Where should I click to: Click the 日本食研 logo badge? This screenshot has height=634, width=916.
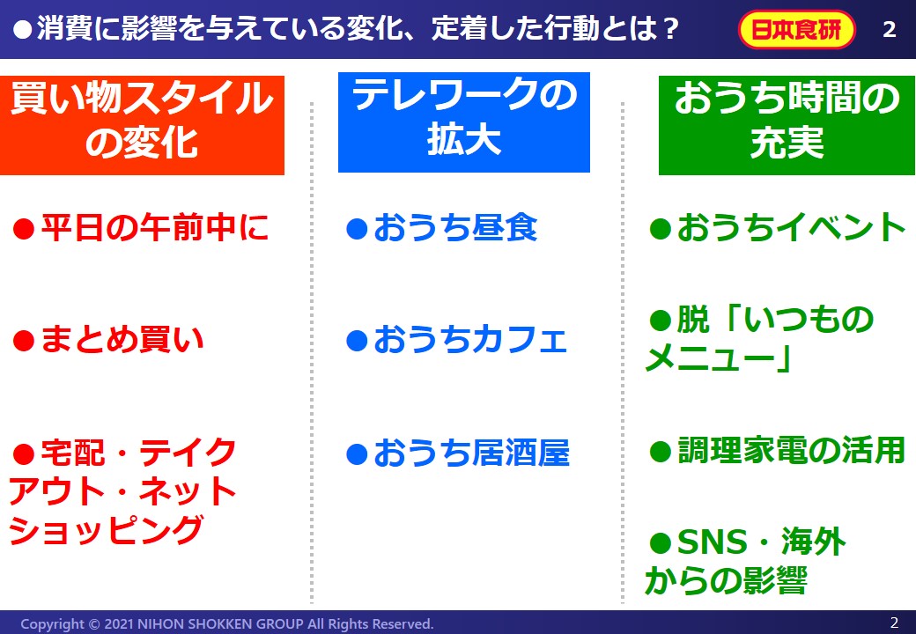pyautogui.click(x=796, y=29)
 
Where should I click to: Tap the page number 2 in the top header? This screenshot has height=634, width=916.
pyautogui.click(x=889, y=29)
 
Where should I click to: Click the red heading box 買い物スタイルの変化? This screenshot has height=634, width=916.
pyautogui.click(x=142, y=125)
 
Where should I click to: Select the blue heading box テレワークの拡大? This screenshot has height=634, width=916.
pyautogui.click(x=464, y=122)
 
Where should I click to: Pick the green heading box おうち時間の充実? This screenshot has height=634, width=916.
pyautogui.click(x=787, y=125)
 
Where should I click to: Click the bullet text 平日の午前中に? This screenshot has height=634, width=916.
pyautogui.click(x=155, y=228)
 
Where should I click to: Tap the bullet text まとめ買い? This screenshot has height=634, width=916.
pyautogui.click(x=122, y=340)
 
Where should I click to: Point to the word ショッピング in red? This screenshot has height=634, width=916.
pyautogui.click(x=106, y=529)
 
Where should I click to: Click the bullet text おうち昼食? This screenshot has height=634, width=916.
pyautogui.click(x=455, y=228)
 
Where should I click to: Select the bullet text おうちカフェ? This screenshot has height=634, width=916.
pyautogui.click(x=471, y=340)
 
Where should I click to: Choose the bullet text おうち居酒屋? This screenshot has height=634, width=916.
pyautogui.click(x=471, y=453)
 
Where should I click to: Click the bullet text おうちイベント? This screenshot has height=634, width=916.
pyautogui.click(x=791, y=228)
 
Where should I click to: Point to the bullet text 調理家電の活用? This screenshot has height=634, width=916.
pyautogui.click(x=791, y=451)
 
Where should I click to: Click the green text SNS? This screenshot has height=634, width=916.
pyautogui.click(x=712, y=542)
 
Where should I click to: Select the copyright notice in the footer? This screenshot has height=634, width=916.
pyautogui.click(x=227, y=623)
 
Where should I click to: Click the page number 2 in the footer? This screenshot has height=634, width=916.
pyautogui.click(x=894, y=623)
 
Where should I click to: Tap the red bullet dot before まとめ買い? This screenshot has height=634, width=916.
pyautogui.click(x=24, y=341)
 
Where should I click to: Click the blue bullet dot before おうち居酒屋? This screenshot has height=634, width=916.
pyautogui.click(x=357, y=454)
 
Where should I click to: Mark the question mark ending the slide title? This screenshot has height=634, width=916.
pyautogui.click(x=671, y=29)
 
